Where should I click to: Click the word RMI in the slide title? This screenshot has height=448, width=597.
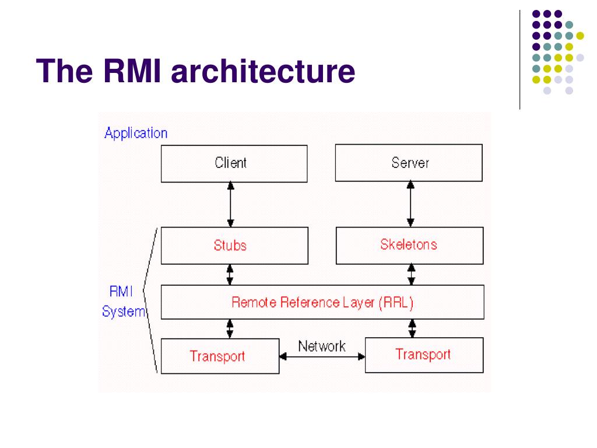pos(132,71)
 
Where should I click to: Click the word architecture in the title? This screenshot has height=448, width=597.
pos(263,71)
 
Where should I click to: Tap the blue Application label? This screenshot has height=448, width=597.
pos(136,134)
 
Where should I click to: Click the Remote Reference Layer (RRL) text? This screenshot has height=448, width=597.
pos(322,303)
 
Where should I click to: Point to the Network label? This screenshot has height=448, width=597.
pos(322,346)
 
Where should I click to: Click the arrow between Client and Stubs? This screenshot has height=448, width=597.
pos(230,205)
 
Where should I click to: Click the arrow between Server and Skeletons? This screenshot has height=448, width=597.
pos(410,204)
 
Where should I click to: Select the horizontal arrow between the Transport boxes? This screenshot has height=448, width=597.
pos(322,356)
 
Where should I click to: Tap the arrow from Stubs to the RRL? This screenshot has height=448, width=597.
pos(230,275)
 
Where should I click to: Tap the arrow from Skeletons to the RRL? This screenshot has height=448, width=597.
pos(411,275)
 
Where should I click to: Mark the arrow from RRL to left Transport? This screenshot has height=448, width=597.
pos(230,329)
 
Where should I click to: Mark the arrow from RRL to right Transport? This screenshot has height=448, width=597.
pos(412,328)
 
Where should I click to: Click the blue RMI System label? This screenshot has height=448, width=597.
pos(124,302)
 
